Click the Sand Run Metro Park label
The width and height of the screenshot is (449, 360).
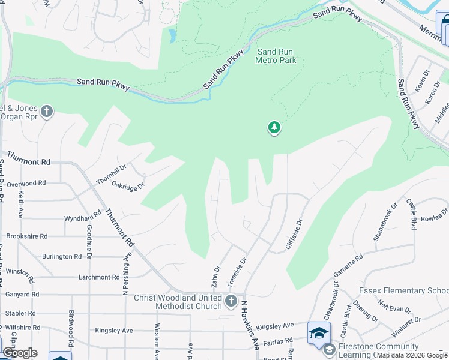276,56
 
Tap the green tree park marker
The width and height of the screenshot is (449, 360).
274,128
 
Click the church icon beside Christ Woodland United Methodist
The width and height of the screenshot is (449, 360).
231,302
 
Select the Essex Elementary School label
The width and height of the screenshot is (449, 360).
403,290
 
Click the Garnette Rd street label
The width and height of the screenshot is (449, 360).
348,268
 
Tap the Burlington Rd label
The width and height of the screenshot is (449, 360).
62,257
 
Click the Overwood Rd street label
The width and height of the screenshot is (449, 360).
25,183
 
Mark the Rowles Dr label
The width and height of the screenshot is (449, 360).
435,215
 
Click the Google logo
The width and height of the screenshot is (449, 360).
20,353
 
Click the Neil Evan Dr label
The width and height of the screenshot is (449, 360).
395,306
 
